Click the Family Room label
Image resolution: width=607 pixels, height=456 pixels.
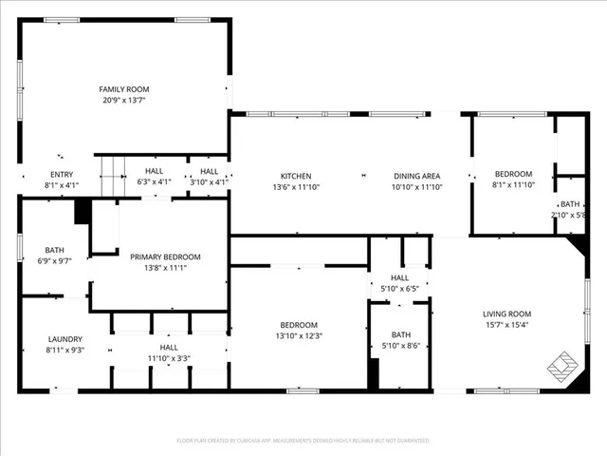pyautogui.click(x=125, y=89)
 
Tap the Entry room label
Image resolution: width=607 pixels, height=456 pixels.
pyautogui.click(x=61, y=174)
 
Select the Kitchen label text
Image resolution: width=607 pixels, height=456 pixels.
pyautogui.click(x=295, y=176)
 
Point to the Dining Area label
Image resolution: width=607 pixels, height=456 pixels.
pyautogui.click(x=417, y=176)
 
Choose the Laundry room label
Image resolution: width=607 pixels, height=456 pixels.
pyautogui.click(x=65, y=339)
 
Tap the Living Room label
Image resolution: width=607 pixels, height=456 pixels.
pyautogui.click(x=507, y=313)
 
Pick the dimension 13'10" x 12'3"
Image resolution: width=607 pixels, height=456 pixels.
pyautogui.click(x=299, y=335)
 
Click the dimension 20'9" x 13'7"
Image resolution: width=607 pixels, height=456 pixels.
pyautogui.click(x=125, y=100)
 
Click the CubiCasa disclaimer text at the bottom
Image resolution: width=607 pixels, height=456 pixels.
pyautogui.click(x=303, y=441)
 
